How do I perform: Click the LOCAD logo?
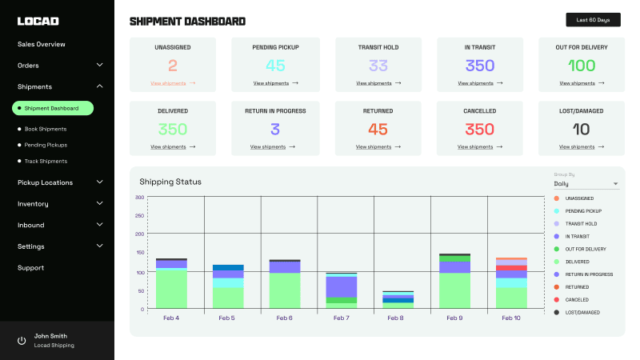click(38, 21)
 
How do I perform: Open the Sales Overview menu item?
click(42, 44)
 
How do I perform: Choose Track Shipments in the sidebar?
click(46, 161)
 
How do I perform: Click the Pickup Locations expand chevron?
click(99, 182)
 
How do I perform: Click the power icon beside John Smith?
click(22, 341)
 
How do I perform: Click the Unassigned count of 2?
click(173, 66)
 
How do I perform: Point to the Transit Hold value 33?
click(378, 66)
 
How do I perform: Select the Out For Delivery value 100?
click(582, 66)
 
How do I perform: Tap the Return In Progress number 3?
click(275, 129)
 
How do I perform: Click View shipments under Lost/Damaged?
click(577, 147)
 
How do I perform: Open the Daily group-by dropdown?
click(586, 184)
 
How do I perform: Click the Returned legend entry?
click(577, 286)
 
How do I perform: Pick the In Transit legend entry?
click(578, 236)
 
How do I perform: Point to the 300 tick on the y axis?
click(139, 198)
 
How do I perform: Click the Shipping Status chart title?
click(170, 182)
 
